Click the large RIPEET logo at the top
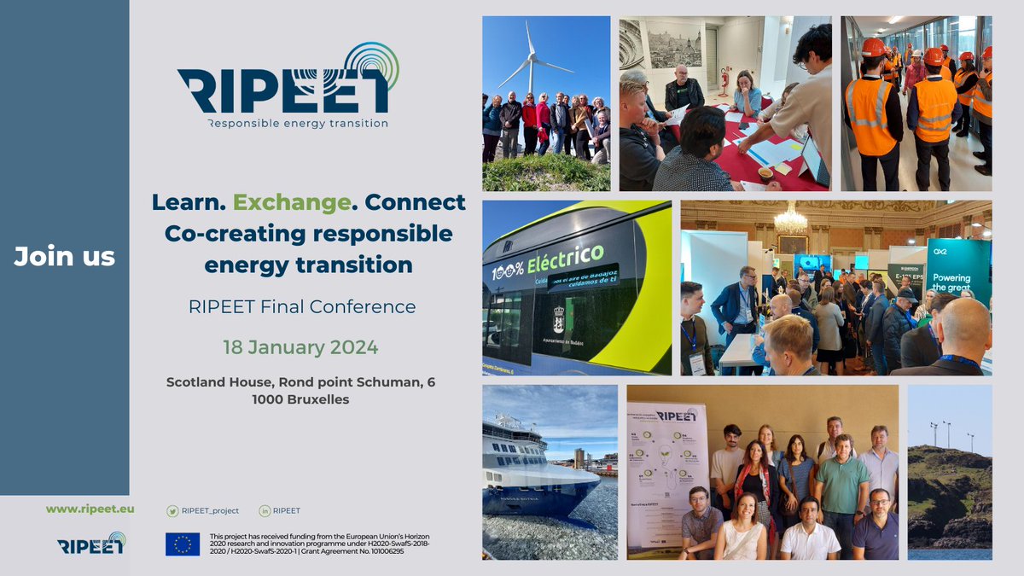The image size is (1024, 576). (288, 85)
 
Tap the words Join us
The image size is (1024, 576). (65, 256)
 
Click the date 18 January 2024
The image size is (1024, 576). (300, 348)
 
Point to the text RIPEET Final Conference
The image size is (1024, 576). (302, 306)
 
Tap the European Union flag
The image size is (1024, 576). (183, 544)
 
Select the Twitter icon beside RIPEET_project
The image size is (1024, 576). (172, 511)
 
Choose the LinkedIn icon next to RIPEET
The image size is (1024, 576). (265, 511)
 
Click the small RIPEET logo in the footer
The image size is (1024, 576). (91, 544)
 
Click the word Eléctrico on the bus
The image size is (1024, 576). (571, 257)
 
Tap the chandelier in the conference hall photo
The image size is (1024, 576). (790, 220)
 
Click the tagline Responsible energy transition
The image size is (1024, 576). (297, 123)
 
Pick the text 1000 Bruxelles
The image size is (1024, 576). (300, 399)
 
